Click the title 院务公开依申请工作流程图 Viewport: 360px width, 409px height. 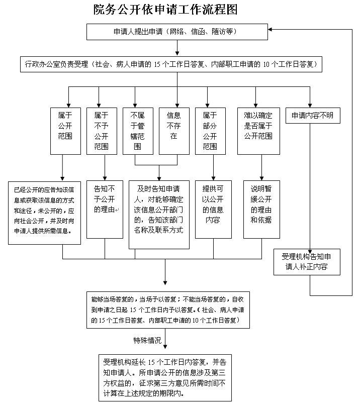click(165, 10)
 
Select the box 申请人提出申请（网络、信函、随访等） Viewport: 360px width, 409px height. click(175, 32)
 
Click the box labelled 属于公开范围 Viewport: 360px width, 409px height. click(65, 131)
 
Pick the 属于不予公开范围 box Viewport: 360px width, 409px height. click(101, 131)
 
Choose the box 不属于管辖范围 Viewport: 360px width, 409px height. click(137, 131)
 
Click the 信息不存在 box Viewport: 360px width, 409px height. click(173, 131)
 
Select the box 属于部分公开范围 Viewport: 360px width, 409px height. click(210, 131)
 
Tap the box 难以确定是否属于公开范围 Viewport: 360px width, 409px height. click(258, 131)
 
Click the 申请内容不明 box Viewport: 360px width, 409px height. click(312, 116)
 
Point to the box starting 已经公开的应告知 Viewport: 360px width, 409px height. click(44, 213)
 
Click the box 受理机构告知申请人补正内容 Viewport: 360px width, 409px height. click(307, 261)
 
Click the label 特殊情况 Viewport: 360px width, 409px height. click(147, 340)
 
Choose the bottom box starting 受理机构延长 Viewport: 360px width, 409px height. click(164, 377)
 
